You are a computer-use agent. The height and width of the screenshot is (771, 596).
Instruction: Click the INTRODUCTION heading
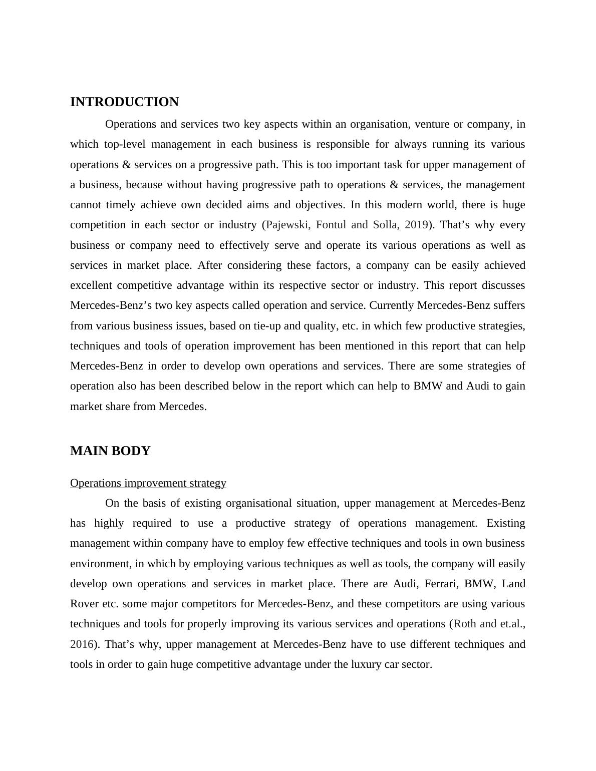(124, 102)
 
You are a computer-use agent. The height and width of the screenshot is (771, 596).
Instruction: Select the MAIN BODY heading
(110, 451)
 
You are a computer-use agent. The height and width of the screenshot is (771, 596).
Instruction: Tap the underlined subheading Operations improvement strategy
(148, 483)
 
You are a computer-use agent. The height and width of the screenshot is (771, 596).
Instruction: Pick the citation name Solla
(386, 225)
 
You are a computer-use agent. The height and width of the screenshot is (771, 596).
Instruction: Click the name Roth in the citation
(465, 624)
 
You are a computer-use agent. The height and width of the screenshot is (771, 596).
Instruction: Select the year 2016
(82, 644)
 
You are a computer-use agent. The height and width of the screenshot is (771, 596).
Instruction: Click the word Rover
(84, 604)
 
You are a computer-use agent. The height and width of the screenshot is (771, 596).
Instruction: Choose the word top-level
(125, 144)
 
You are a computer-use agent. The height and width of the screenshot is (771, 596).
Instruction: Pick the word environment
(100, 564)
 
